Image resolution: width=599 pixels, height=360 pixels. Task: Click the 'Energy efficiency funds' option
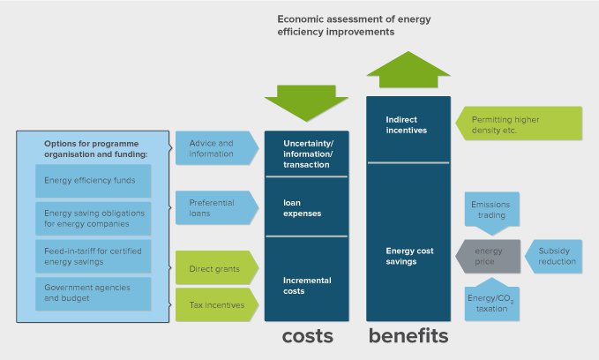click(x=93, y=181)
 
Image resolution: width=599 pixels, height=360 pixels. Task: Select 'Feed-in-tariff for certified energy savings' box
click(x=93, y=255)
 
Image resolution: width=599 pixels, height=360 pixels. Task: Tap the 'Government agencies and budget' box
click(x=93, y=293)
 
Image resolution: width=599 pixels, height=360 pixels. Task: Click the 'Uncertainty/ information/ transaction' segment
click(x=306, y=154)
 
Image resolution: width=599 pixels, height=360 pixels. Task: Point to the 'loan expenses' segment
click(x=306, y=207)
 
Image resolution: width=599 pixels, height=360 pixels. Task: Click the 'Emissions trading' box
click(x=490, y=212)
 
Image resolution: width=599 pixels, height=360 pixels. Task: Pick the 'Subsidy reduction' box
click(x=557, y=256)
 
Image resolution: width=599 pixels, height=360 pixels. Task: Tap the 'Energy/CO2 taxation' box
click(x=490, y=303)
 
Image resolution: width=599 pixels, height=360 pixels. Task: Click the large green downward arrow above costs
click(x=306, y=101)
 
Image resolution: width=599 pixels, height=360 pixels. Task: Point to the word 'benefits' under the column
click(x=408, y=336)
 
